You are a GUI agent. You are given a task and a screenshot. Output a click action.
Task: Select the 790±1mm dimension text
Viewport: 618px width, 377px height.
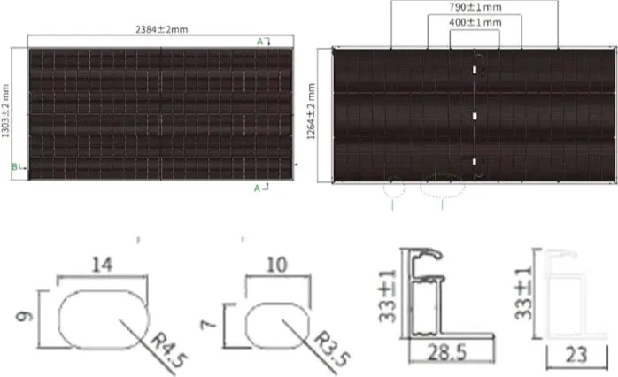click(x=474, y=6)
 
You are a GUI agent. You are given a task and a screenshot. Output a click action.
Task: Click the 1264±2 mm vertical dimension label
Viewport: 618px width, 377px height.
click(x=311, y=115)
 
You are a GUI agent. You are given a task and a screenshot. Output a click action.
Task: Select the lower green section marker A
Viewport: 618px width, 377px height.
click(x=259, y=188)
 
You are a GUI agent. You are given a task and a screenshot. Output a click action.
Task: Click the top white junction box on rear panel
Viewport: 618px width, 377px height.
click(x=475, y=70)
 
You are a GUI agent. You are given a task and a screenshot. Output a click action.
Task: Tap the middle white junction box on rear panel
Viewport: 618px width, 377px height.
click(x=475, y=116)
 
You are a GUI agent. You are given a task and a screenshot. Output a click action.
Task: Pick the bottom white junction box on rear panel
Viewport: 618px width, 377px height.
click(x=475, y=162)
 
